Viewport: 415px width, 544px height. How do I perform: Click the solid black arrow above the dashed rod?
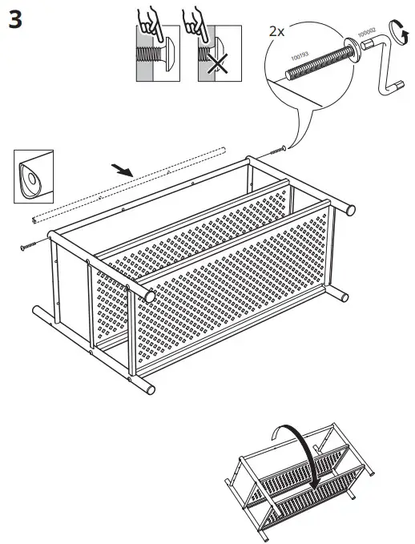pos(123,170)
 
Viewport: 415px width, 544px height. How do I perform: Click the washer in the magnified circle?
pos(353,46)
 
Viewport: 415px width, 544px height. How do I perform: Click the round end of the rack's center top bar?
pos(149,296)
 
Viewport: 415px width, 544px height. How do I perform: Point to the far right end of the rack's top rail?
pos(349,210)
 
